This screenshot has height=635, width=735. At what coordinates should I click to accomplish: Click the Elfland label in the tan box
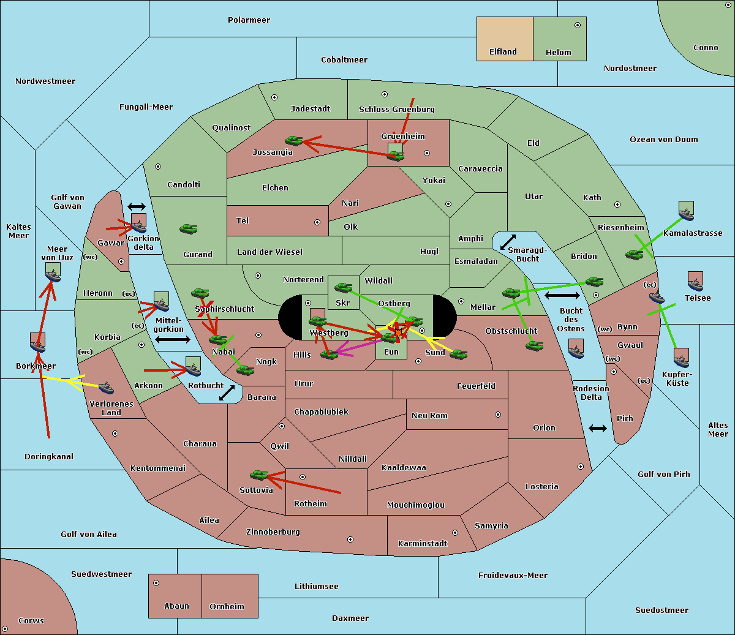(x=503, y=52)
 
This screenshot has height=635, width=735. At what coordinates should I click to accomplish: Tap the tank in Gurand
(x=189, y=228)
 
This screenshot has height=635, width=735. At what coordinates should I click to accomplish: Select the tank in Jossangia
(x=294, y=141)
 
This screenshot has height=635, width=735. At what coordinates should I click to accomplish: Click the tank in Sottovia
(x=259, y=475)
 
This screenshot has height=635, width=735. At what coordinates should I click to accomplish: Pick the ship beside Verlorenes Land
(x=106, y=388)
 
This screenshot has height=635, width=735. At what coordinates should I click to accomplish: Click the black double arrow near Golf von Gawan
(x=137, y=206)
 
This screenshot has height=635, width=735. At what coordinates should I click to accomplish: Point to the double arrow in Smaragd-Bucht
(x=508, y=242)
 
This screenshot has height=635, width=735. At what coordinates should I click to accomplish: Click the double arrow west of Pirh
(x=598, y=428)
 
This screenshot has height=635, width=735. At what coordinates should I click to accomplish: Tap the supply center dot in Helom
(x=578, y=25)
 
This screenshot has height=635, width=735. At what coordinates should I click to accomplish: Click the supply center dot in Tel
(x=317, y=222)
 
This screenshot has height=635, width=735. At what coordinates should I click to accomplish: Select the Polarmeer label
(x=249, y=20)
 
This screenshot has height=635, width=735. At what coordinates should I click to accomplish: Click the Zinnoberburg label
(x=273, y=532)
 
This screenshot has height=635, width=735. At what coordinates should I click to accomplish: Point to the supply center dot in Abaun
(x=156, y=583)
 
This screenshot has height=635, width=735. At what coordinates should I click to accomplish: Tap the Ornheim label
(x=227, y=607)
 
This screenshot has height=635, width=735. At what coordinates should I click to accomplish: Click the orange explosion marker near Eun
(x=399, y=333)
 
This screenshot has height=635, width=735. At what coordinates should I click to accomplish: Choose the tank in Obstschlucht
(x=535, y=345)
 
